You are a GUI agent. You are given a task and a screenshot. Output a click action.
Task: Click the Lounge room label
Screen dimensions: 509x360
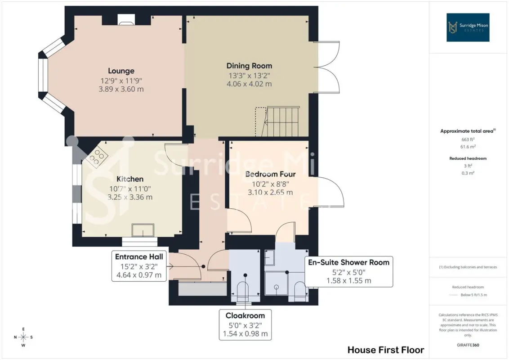pos(121,71)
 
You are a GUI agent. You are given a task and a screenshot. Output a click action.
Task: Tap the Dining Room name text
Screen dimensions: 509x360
pos(249,66)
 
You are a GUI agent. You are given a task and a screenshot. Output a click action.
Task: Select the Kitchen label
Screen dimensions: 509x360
pos(130,179)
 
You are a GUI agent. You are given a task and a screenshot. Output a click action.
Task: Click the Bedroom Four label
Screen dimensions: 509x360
pos(270,174)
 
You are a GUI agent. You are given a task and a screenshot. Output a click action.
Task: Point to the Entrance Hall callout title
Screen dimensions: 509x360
pos(139,256)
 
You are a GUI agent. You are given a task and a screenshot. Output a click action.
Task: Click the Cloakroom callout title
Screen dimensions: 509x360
pos(245,315)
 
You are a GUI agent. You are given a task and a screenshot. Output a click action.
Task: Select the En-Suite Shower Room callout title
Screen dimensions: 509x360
pos(348,262)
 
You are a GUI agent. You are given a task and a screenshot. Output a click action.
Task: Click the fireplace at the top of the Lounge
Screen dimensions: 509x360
pos(126,20)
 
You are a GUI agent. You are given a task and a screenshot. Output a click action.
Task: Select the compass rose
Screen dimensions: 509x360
pos(23,337)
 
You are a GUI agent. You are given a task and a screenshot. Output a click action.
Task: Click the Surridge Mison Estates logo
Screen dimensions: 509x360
pos(468,27)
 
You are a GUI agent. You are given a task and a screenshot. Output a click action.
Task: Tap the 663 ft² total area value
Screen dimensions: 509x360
pos(468,139)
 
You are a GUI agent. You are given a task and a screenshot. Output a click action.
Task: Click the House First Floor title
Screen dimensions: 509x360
pos(386,350)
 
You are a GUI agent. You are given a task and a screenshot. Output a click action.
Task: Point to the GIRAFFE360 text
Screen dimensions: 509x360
pos(468,345)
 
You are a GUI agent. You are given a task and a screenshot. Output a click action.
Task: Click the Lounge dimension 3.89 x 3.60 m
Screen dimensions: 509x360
pos(121,89)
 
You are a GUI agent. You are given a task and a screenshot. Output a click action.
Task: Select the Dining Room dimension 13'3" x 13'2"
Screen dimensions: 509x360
pos(249,76)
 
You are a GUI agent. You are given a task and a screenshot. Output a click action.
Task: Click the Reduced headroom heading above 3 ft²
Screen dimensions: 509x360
pos(468,158)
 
